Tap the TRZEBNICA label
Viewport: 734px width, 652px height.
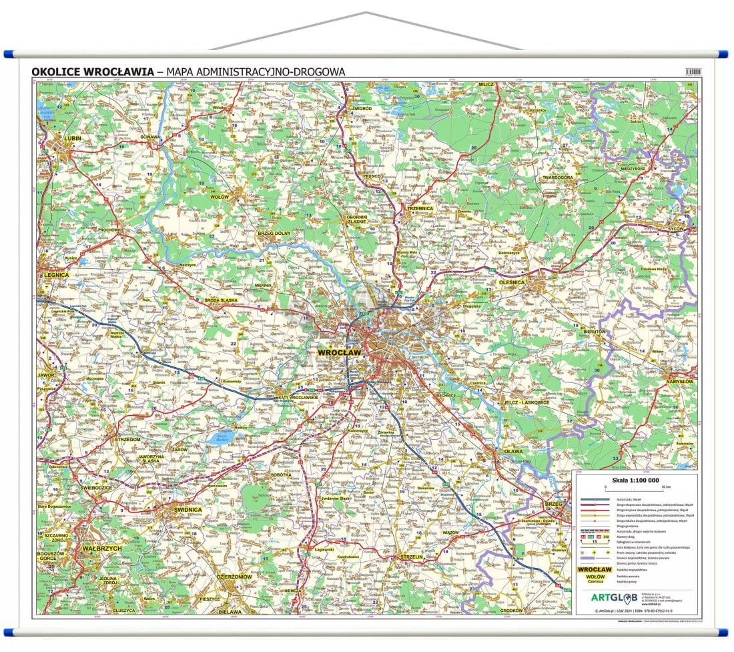click(420, 209)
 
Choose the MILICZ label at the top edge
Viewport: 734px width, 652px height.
click(485, 85)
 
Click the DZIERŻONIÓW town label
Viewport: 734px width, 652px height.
click(234, 576)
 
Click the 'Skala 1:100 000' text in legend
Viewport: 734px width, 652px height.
click(635, 480)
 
